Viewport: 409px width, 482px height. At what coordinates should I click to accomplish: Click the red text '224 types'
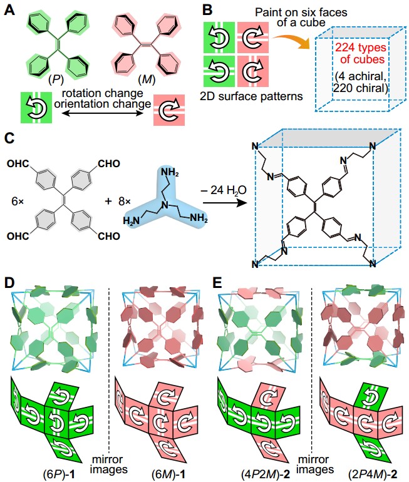pos(359,48)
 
